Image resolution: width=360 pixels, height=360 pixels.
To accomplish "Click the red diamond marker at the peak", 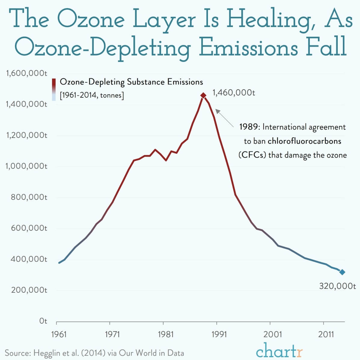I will (x=203, y=95).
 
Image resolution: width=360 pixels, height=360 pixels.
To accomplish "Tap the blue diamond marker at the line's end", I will (x=342, y=272).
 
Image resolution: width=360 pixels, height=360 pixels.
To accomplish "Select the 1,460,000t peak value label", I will (x=233, y=93).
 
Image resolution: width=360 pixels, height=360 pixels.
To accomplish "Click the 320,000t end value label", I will (x=337, y=286).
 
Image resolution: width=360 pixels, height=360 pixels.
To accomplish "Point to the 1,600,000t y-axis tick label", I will (x=26, y=73).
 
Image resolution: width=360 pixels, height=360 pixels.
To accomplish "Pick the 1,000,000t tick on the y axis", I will (x=26, y=166).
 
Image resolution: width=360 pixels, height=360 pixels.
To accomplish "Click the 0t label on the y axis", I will (x=43, y=321).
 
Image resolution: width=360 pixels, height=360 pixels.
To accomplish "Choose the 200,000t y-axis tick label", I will (x=29, y=290).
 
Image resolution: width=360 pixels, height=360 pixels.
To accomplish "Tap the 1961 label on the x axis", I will (x=59, y=334).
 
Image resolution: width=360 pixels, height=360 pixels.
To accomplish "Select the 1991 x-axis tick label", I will (x=219, y=334).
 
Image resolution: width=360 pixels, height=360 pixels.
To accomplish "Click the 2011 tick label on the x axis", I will (x=326, y=334).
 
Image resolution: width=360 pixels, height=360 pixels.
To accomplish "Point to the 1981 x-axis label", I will (x=166, y=334).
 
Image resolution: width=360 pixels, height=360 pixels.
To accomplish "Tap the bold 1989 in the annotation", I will (x=248, y=127).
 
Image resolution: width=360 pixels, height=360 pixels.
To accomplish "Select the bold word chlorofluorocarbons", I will (x=304, y=141).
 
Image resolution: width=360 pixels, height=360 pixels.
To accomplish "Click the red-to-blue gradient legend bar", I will (x=54, y=89).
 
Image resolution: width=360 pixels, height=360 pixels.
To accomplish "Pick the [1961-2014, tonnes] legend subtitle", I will (x=92, y=96).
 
